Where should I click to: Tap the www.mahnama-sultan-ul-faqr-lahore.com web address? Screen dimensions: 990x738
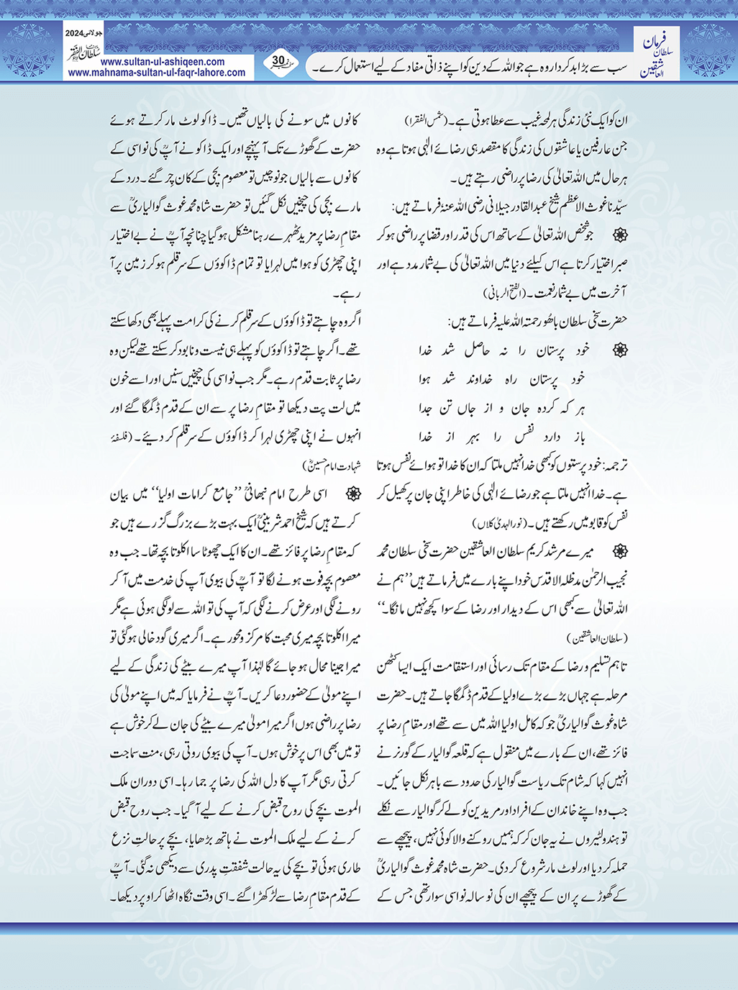[157, 73]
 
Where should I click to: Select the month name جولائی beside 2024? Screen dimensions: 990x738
[95, 34]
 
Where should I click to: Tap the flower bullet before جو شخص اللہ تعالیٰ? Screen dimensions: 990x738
[619, 235]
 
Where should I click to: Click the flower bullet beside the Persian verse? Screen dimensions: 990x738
[619, 350]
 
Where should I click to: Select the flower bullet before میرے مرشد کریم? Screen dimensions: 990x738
[619, 550]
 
